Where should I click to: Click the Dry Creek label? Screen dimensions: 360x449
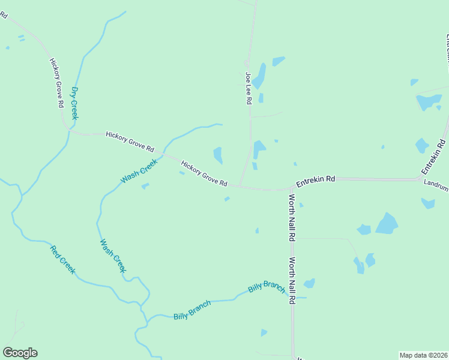74,103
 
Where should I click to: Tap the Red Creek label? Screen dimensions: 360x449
62,260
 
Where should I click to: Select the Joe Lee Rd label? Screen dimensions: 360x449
248,89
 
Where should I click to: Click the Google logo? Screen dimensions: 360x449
20,353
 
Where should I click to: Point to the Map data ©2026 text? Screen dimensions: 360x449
423,355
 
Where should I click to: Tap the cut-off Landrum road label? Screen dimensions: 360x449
436,187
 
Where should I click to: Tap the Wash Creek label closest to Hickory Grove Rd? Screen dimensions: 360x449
139,171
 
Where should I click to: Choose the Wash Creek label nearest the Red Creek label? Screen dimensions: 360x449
113,256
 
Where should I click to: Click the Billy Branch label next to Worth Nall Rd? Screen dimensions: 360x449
267,287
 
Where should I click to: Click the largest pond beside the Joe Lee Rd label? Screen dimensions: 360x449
259,76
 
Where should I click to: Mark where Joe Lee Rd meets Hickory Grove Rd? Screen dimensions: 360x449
240,185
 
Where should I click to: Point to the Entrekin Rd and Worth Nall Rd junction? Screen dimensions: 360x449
291,188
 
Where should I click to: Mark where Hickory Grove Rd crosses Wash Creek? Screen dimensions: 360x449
163,154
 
